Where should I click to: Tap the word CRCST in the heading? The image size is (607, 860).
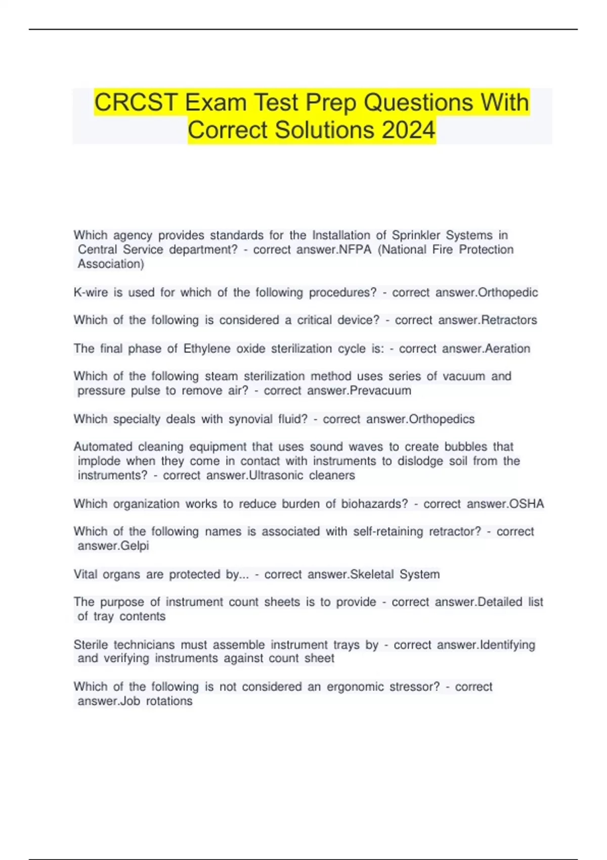click(x=135, y=103)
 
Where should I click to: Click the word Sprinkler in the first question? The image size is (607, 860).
click(x=417, y=235)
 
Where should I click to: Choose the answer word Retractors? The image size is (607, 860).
click(x=509, y=320)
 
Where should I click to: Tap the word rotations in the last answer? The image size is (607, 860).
click(x=169, y=701)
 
